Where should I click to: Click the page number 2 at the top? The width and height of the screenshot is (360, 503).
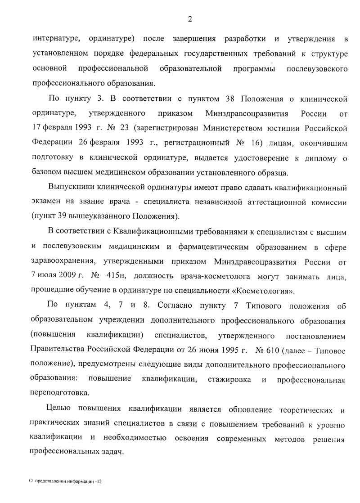(190, 18)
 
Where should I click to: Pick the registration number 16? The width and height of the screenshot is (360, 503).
(256, 143)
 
